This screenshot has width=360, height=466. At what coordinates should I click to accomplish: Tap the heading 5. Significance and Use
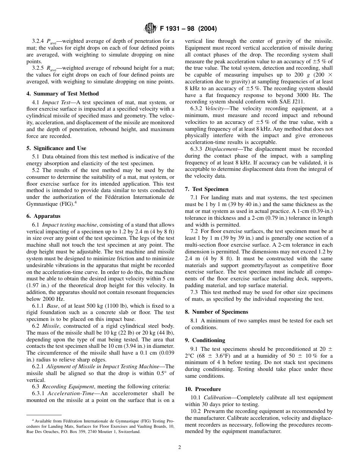(56, 148)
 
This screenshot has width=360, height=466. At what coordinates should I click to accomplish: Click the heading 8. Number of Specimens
(216, 312)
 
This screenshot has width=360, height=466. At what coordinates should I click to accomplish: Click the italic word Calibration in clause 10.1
(216, 397)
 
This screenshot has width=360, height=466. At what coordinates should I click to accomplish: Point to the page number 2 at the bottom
(180, 447)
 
